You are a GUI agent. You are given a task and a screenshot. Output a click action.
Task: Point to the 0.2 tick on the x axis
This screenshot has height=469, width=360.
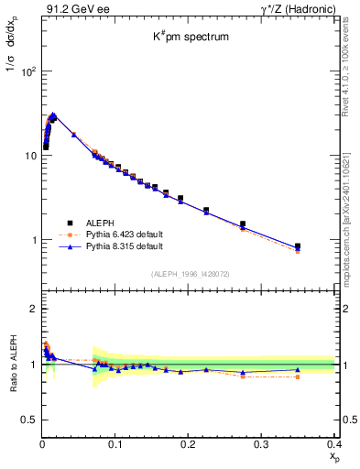(189, 442)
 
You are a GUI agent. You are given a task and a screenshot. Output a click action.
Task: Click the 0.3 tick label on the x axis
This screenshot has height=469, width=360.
(261, 442)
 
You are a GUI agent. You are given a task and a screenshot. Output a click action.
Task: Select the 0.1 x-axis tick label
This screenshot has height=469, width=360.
(115, 442)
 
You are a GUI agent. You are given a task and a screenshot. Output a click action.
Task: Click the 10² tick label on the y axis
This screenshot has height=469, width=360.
(27, 71)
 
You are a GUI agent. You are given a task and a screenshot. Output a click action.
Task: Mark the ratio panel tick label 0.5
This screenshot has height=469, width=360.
(28, 420)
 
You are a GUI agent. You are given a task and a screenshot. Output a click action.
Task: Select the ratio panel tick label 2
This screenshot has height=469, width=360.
(33, 309)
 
